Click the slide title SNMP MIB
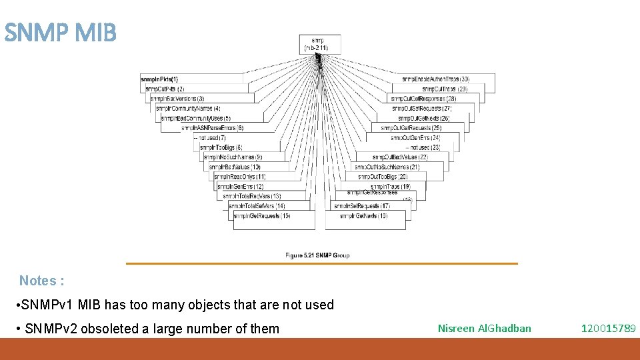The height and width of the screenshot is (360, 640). click(x=60, y=32)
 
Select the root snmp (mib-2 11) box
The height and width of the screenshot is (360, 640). click(x=320, y=44)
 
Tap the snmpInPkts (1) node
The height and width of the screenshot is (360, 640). click(x=159, y=79)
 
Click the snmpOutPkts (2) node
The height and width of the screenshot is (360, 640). click(x=165, y=89)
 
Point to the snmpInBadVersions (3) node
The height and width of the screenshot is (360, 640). click(x=177, y=99)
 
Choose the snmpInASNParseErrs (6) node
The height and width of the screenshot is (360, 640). click(x=213, y=127)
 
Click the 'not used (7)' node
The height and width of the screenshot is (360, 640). click(x=210, y=137)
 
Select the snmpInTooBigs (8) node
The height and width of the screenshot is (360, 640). click(x=221, y=147)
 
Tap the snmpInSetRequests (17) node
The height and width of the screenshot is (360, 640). click(x=365, y=206)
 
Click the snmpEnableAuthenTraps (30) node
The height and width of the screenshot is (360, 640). click(x=436, y=79)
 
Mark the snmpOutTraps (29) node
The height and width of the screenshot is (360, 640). click(x=445, y=89)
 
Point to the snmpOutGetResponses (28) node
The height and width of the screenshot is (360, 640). click(x=423, y=99)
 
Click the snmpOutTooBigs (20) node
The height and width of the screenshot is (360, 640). click(x=383, y=177)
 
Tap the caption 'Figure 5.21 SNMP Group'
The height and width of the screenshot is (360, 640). click(x=317, y=255)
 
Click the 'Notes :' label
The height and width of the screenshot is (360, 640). click(x=41, y=281)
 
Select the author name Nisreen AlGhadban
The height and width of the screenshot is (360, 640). click(x=484, y=328)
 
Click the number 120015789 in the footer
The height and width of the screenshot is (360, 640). click(x=608, y=328)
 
